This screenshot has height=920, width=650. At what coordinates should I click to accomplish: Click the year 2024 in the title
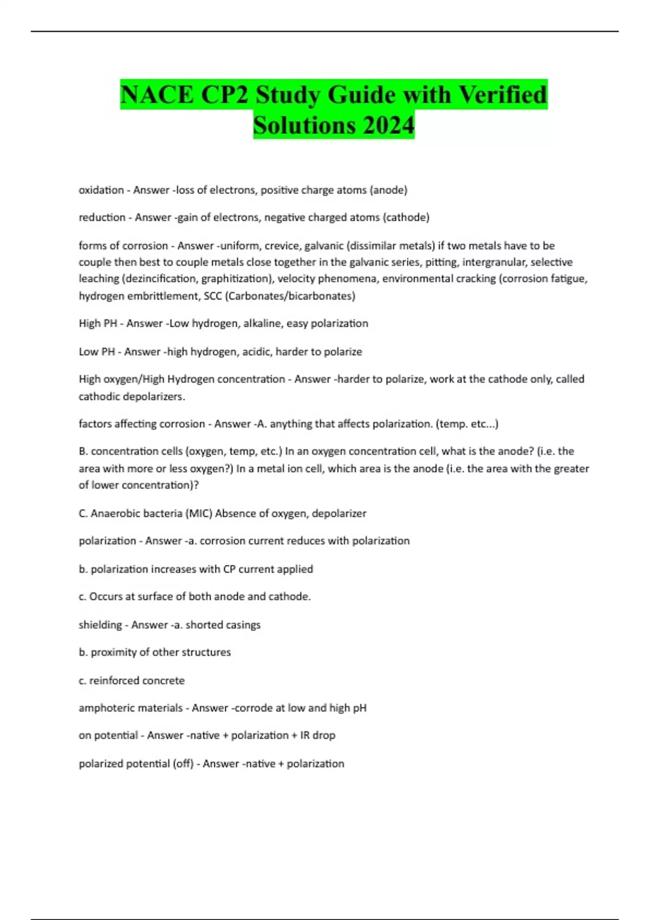(388, 125)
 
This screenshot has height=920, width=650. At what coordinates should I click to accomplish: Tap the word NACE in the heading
(157, 95)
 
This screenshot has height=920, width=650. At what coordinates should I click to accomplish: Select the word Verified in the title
(503, 95)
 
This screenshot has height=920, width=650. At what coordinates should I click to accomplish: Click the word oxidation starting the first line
(101, 190)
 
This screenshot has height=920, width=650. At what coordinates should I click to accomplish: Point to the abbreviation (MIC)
(199, 514)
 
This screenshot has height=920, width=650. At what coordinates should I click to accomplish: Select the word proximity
(113, 653)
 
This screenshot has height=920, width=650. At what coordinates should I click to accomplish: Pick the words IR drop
(317, 735)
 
